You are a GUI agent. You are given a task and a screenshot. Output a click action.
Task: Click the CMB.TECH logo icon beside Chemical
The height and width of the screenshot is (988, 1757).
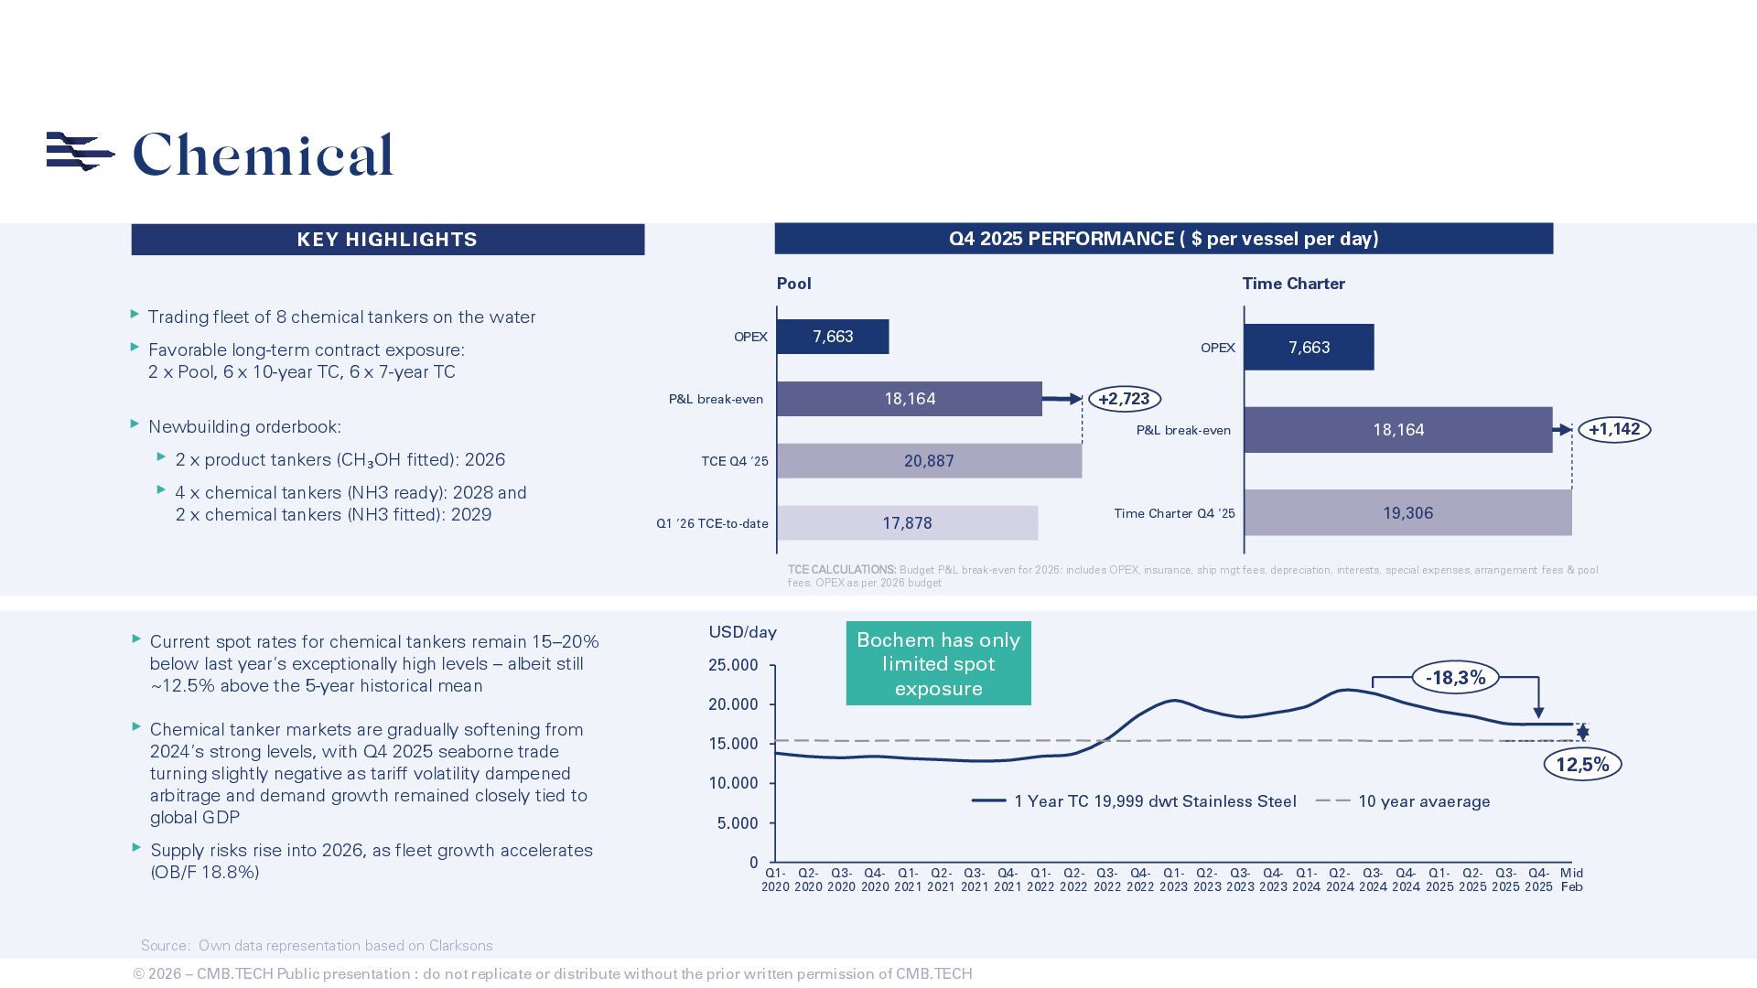click(80, 152)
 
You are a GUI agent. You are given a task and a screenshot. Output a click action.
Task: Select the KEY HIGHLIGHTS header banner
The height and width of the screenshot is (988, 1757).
click(387, 240)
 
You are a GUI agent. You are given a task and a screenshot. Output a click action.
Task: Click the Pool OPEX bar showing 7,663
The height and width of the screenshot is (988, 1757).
click(833, 337)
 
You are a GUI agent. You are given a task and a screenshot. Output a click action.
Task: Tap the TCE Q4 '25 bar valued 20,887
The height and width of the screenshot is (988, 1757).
click(929, 461)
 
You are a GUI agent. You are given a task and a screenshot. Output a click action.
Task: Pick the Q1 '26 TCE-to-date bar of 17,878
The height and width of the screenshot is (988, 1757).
click(907, 523)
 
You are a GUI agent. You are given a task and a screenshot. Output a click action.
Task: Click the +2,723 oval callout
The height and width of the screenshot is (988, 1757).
click(1124, 399)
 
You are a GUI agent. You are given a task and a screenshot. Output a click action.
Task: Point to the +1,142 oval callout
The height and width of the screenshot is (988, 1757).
click(1614, 430)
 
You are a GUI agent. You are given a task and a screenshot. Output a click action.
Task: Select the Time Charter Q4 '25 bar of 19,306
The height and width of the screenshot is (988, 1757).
click(1407, 513)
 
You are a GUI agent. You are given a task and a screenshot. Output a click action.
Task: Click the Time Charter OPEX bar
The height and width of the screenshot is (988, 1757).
click(1309, 348)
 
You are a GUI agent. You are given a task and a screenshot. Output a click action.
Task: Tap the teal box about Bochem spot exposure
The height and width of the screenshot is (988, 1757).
click(938, 664)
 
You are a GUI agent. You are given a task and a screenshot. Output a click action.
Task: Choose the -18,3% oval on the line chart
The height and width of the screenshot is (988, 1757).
click(1455, 678)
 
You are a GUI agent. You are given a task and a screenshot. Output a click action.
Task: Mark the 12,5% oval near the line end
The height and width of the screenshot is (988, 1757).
click(1582, 765)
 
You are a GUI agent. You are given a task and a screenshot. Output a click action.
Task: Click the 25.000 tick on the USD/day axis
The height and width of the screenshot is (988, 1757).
click(733, 665)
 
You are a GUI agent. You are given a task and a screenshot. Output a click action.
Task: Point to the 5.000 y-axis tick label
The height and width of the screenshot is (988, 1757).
click(738, 823)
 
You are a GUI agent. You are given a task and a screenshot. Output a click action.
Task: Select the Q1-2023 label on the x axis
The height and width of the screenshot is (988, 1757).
click(1173, 880)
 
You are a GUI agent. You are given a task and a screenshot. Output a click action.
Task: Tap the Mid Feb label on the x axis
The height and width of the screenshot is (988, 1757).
click(1572, 880)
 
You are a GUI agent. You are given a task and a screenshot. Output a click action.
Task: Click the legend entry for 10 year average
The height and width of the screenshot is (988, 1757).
click(1423, 801)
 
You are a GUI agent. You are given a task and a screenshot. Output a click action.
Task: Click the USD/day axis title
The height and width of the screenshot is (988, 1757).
click(742, 632)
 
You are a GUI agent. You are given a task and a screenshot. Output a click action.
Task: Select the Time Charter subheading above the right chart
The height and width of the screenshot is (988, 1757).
click(1293, 284)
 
